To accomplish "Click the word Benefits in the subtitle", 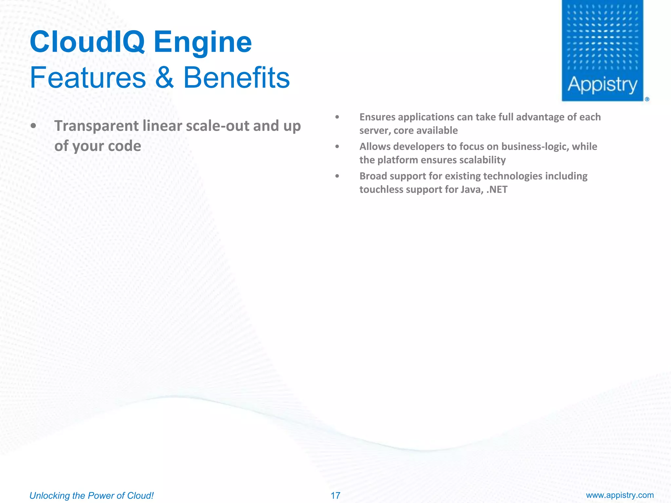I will (x=236, y=78).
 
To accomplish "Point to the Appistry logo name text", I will (x=602, y=85).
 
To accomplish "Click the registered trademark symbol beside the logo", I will (x=647, y=99).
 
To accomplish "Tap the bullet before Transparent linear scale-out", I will (x=33, y=126).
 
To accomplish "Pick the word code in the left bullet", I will (x=125, y=146).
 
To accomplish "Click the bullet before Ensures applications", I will (x=337, y=117).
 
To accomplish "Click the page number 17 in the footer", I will (x=335, y=495).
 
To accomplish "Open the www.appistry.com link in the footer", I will (x=620, y=495).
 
